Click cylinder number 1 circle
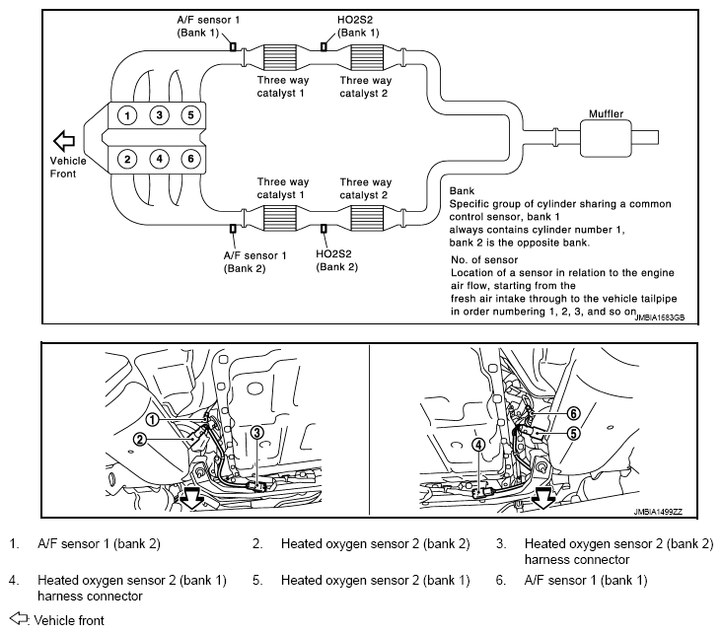tap(127, 114)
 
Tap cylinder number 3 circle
tap(159, 114)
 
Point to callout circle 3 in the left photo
tap(256, 431)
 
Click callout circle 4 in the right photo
tap(478, 444)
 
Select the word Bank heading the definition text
tap(463, 190)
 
